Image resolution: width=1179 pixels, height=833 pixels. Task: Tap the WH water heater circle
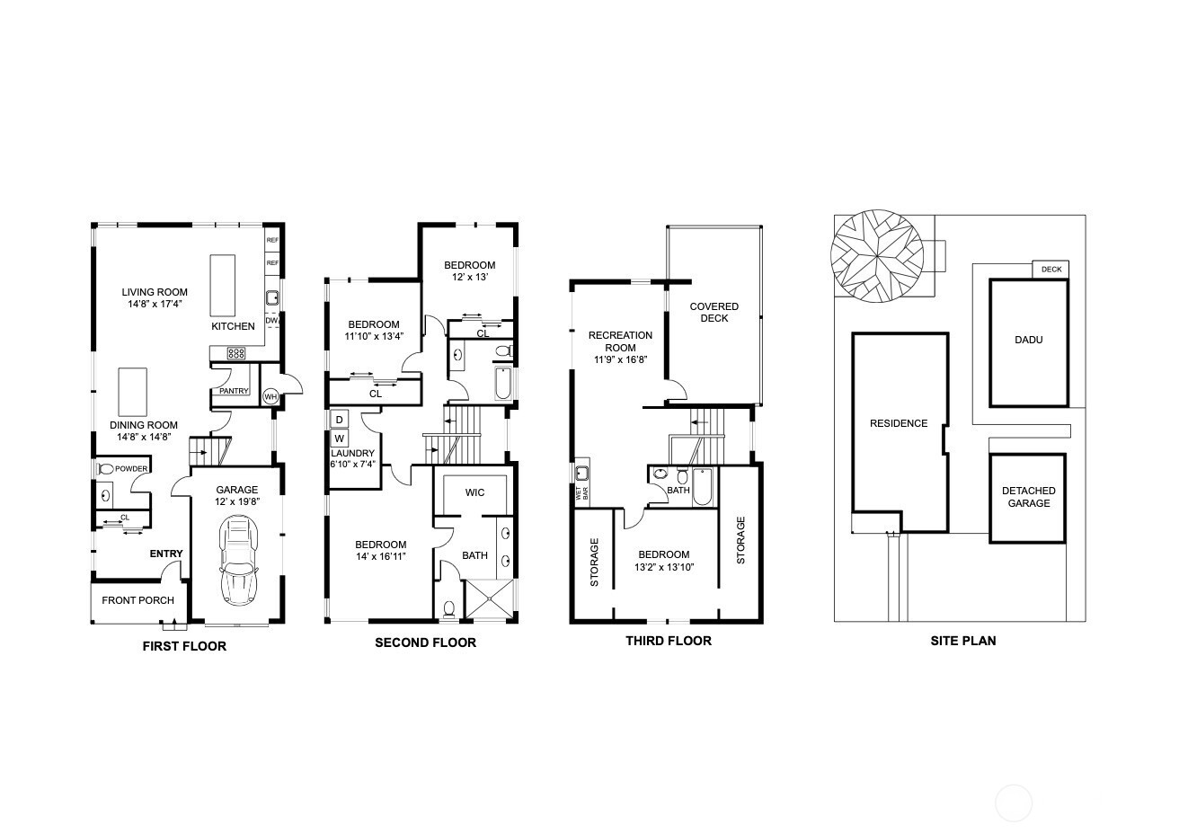pyautogui.click(x=270, y=396)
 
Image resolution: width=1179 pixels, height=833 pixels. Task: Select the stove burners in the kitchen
pyautogui.click(x=240, y=352)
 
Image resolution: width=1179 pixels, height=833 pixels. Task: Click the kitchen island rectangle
pyautogui.click(x=222, y=285)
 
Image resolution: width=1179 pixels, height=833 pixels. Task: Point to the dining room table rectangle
pyautogui.click(x=132, y=391)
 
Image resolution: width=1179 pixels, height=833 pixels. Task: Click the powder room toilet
pyautogui.click(x=105, y=469)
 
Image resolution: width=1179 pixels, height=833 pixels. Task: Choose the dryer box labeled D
pyautogui.click(x=340, y=420)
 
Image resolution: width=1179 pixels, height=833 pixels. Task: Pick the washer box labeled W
pyautogui.click(x=340, y=439)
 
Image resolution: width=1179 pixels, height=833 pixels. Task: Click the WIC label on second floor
pyautogui.click(x=474, y=492)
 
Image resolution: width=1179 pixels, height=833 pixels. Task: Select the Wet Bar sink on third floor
pyautogui.click(x=581, y=473)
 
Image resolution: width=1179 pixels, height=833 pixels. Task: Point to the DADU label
pyautogui.click(x=1029, y=341)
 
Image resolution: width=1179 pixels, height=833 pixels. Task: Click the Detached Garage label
pyautogui.click(x=1028, y=497)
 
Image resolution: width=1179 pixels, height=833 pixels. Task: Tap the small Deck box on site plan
pyautogui.click(x=1050, y=270)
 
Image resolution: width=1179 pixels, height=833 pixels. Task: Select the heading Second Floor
pyautogui.click(x=425, y=642)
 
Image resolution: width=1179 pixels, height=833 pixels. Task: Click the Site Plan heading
pyautogui.click(x=962, y=641)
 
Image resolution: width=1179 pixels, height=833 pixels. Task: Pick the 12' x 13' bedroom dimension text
pyautogui.click(x=469, y=278)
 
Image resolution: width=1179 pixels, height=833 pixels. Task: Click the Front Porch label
pyautogui.click(x=137, y=600)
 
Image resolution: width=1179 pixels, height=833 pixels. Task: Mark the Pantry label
pyautogui.click(x=234, y=391)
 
